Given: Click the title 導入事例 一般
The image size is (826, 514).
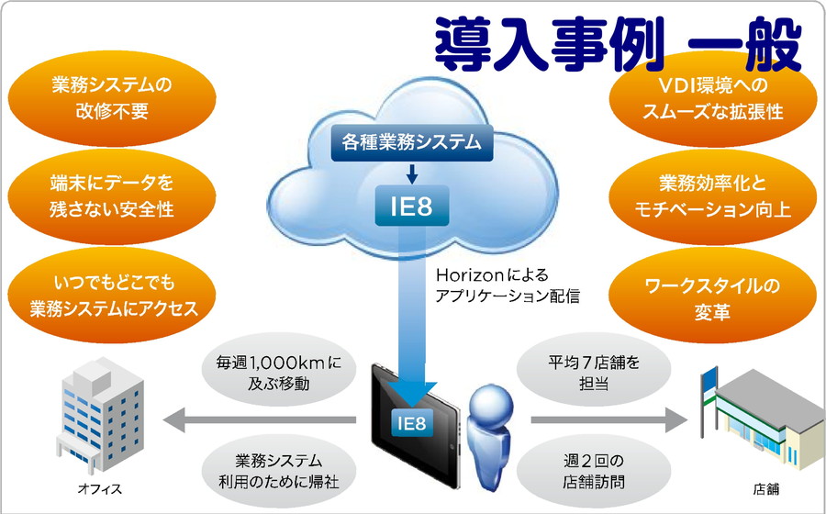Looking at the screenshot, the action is point(619,44).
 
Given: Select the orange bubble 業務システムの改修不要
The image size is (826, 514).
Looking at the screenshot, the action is point(112,98).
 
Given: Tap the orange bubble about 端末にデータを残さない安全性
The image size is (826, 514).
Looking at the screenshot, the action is point(112,196).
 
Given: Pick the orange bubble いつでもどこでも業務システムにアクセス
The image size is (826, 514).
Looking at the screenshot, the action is point(112,296).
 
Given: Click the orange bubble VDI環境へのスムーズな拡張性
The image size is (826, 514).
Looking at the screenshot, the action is point(712,98).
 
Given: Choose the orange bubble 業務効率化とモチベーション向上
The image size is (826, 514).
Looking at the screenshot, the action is point(712,196).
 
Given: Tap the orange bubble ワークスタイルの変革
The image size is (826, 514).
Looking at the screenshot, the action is point(712,296).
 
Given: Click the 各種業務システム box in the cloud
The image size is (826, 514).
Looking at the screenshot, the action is point(412,142).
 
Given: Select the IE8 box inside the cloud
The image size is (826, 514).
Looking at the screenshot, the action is point(412,206).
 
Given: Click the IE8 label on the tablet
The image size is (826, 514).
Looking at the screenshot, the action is point(412,422).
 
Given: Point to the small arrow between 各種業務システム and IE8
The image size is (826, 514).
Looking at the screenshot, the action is point(412,173).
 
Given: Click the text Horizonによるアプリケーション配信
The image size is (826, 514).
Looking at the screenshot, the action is point(508,285).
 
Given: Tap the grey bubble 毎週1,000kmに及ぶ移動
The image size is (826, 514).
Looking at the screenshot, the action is point(279,373).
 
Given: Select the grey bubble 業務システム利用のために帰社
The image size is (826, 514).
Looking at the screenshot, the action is point(279,471).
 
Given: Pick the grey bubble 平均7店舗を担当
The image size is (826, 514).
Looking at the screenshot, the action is point(594,373).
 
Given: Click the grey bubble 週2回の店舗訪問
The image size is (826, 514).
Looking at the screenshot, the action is point(594,471).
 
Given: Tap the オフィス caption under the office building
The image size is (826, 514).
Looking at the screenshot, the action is point(99,489).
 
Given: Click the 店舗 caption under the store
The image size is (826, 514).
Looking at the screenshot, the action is point(766,489).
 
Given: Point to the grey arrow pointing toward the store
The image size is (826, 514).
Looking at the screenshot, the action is point(608,419).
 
